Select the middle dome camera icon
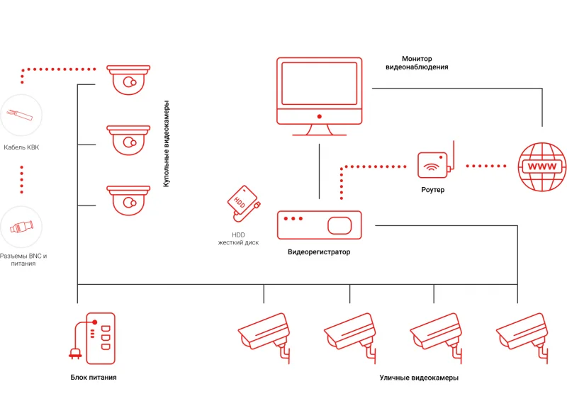click(129, 139)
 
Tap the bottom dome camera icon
click(129, 200)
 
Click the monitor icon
click(319, 96)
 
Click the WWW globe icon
click(542, 166)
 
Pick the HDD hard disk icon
click(242, 204)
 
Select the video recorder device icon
click(319, 225)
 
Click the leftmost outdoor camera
click(265, 333)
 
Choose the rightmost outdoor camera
click(523, 333)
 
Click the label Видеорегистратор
click(319, 252)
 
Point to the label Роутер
click(432, 190)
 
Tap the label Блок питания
click(94, 377)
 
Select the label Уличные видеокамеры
click(419, 378)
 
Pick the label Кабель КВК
click(21, 148)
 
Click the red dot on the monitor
click(319, 115)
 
